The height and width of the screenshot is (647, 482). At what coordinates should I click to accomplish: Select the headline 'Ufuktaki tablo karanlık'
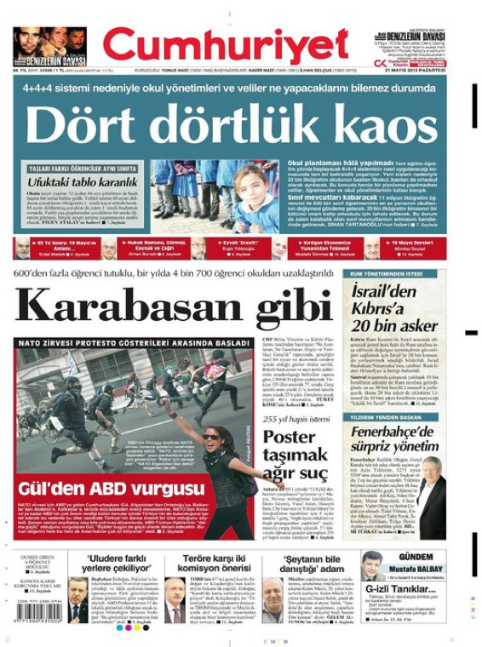pyautogui.click(x=79, y=181)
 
